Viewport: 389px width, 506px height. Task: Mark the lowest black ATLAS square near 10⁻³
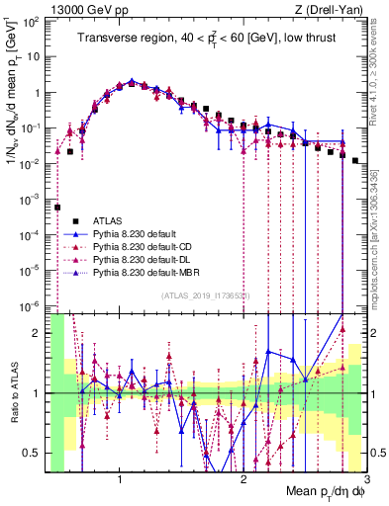(x=58, y=208)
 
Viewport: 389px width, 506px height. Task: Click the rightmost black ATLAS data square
(x=354, y=160)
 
